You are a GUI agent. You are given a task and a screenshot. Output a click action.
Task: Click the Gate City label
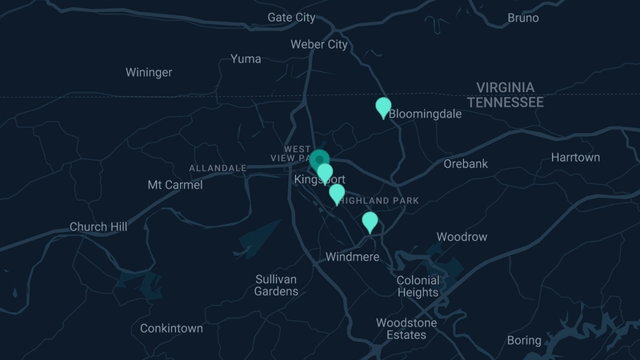coord(291,17)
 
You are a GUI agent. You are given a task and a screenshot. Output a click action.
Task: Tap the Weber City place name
coord(319,44)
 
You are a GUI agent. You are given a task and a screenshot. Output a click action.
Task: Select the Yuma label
coord(246,58)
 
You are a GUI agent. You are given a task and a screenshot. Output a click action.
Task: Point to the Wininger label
coord(149,73)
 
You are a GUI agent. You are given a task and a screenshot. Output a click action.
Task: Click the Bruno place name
coord(523,18)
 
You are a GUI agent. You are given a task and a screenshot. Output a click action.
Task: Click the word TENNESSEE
coord(506,102)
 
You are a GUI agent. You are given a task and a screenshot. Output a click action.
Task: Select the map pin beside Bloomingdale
coord(383,106)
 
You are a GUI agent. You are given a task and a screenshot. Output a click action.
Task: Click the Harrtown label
coord(575,158)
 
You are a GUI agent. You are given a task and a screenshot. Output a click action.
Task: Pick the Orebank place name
coord(466,164)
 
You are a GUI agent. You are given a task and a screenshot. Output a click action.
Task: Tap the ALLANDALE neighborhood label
coord(218,168)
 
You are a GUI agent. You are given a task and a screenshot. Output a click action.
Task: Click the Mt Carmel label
coord(175,185)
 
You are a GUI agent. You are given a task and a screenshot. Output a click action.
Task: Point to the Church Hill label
coord(98,227)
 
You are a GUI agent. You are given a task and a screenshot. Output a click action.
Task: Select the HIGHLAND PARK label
coord(378,200)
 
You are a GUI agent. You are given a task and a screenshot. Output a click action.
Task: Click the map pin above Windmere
coord(370,221)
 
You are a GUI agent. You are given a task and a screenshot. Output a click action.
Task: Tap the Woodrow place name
coord(462,237)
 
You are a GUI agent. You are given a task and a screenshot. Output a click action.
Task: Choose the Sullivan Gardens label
coord(276,285)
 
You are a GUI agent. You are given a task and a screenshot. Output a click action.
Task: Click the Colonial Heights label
coord(418,286)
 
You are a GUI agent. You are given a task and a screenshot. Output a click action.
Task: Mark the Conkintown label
coord(171,328)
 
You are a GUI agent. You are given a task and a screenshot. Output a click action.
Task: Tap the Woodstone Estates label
coord(406,329)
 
